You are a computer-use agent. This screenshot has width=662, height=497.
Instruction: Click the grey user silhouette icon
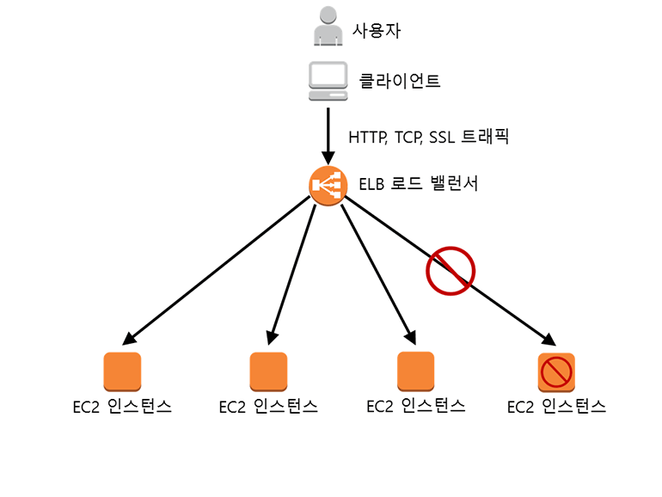coord(328,27)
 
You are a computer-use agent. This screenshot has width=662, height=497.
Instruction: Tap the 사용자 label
coord(376,31)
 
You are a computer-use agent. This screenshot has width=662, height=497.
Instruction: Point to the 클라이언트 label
coord(400,82)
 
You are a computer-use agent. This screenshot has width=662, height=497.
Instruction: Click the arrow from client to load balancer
coord(328,133)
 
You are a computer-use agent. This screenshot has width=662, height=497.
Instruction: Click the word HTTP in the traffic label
coord(366,136)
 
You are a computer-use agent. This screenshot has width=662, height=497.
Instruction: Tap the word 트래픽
coord(487,136)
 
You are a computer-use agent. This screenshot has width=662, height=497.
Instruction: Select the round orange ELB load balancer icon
coord(328,185)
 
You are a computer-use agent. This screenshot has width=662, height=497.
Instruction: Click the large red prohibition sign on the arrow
coord(451,270)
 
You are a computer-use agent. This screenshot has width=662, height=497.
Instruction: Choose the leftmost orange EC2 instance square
coord(122,371)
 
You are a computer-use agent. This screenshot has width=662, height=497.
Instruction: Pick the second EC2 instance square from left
coord(268,371)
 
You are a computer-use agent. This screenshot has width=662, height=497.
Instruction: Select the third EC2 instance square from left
coord(415,371)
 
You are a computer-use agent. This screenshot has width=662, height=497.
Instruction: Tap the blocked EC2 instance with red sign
coord(556,371)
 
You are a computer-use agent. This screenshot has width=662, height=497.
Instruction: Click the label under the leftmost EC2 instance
coord(122,407)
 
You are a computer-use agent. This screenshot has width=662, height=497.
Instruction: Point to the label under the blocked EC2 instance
coord(556,407)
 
